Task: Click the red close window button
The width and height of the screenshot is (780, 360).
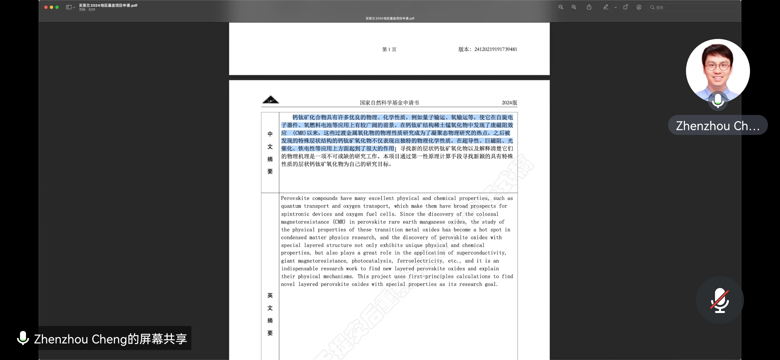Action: tap(46, 7)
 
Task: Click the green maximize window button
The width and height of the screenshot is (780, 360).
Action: tap(57, 7)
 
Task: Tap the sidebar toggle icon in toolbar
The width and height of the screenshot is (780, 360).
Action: tap(69, 7)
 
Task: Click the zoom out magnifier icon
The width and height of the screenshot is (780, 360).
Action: tap(561, 7)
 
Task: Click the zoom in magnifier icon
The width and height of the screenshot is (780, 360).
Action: tap(574, 7)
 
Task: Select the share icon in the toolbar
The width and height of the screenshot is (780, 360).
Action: tap(589, 7)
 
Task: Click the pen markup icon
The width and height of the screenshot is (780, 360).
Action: tap(606, 7)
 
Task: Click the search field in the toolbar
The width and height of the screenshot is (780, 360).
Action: tap(693, 7)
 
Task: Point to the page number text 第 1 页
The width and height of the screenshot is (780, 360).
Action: tap(389, 49)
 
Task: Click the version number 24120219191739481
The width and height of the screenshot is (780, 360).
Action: tap(495, 49)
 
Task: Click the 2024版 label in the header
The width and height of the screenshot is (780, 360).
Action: tap(509, 103)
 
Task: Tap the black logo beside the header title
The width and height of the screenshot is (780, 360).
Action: tap(270, 100)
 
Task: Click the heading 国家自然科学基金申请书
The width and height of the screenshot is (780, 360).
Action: tap(389, 103)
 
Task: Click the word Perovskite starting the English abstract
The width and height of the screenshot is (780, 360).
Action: tap(295, 198)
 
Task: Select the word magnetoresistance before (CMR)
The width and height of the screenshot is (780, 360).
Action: tap(305, 222)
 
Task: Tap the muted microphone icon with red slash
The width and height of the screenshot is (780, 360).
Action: tap(720, 300)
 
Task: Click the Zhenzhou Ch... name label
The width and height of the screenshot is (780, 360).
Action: tap(718, 126)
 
